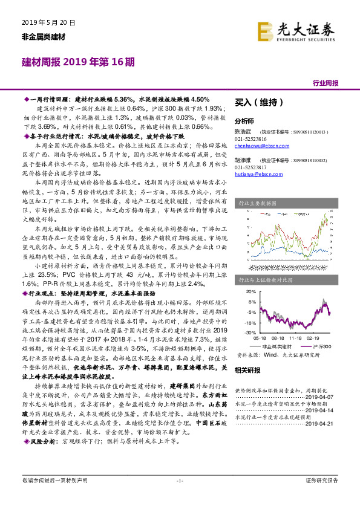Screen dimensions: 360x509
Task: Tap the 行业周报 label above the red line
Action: click(326, 83)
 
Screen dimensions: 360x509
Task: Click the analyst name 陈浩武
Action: click(243, 131)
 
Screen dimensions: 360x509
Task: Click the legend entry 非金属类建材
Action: click(276, 346)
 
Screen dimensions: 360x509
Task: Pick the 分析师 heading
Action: click(244, 120)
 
